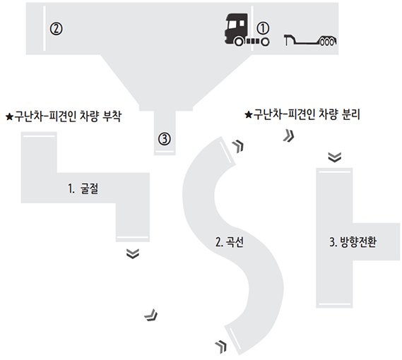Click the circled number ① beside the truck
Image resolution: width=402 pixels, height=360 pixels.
263,28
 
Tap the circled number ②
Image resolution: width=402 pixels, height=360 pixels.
56,29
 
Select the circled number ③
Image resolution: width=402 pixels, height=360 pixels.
165,139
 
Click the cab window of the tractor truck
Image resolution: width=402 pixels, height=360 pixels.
233,24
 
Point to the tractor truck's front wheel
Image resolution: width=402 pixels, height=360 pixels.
239,42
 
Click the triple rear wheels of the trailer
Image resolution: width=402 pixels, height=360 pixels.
327,42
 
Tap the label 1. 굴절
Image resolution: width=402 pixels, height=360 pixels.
83,189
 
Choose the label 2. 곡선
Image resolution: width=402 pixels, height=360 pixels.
230,242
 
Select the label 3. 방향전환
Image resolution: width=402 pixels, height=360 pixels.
353,242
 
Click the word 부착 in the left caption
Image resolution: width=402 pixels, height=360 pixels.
112,116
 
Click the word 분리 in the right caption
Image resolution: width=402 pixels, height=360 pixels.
350,114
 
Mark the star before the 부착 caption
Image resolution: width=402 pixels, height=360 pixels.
9,117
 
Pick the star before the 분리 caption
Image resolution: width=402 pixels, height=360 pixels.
249,115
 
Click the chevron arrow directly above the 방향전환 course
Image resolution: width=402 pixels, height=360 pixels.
335,157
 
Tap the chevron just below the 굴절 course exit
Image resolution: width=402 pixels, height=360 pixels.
133,253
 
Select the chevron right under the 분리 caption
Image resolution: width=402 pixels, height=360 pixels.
289,136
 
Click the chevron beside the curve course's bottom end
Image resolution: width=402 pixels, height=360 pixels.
221,347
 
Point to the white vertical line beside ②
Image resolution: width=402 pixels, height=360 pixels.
45,28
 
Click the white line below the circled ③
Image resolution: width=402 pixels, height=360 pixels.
165,152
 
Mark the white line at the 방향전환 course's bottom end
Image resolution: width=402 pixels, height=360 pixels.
335,304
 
